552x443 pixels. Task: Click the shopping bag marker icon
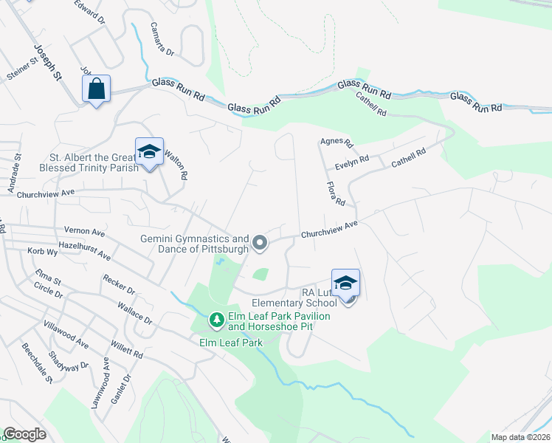97,89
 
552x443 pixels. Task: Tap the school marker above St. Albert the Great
149,152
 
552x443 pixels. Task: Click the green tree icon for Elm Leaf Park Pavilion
216,320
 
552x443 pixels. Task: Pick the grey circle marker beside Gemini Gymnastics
260,242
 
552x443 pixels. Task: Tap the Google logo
25,434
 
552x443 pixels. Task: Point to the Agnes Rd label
337,142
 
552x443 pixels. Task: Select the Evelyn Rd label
351,161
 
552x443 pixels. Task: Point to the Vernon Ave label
85,232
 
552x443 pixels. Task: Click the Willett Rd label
127,350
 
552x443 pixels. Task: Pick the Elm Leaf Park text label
231,342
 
